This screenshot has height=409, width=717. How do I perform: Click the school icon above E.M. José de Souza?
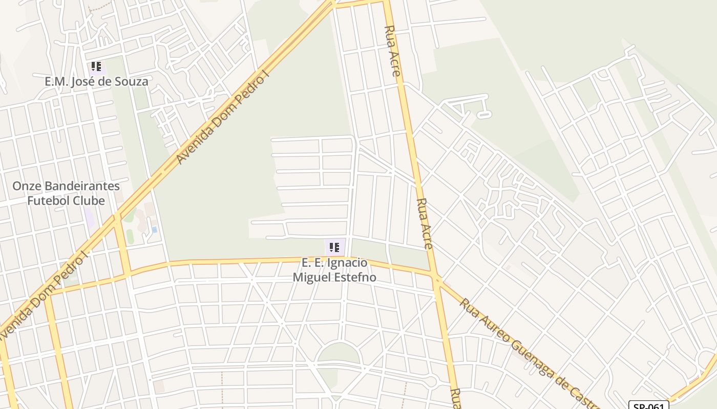pyautogui.click(x=96, y=66)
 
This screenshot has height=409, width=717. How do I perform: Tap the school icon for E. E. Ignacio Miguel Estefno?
pyautogui.click(x=334, y=248)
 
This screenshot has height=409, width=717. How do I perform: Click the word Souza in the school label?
pyautogui.click(x=132, y=81)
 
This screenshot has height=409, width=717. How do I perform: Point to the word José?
pyautogui.click(x=89, y=81)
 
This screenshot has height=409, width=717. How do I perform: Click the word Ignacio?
pyautogui.click(x=347, y=263)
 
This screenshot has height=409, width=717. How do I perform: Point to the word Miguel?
pyautogui.click(x=310, y=277)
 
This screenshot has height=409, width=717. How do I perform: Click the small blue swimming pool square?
pyautogui.click(x=154, y=230)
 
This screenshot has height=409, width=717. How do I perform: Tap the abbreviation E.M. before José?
pyautogui.click(x=57, y=81)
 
